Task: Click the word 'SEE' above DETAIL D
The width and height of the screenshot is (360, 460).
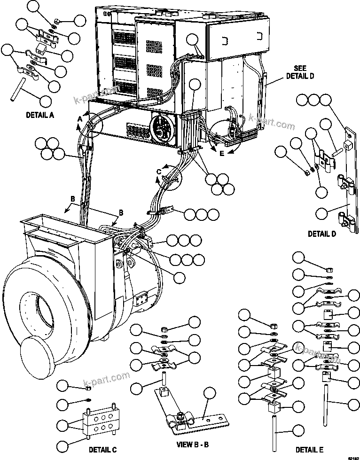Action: click(300, 68)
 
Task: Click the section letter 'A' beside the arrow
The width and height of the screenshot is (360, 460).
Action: click(79, 120)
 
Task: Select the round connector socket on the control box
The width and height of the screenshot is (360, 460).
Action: click(162, 126)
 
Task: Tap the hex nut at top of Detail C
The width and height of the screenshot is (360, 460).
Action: click(88, 386)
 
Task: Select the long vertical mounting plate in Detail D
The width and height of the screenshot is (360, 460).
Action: click(349, 179)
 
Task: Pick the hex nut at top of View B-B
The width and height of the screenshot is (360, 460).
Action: click(164, 329)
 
